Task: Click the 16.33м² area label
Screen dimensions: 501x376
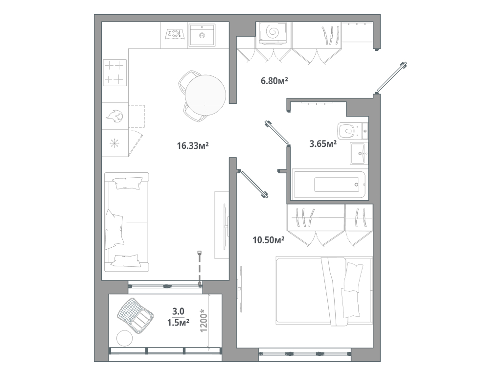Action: tap(193, 146)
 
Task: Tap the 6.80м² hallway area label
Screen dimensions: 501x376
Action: tap(274, 81)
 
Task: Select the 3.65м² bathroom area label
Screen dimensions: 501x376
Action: tap(323, 143)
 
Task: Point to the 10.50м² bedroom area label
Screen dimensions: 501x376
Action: tap(269, 240)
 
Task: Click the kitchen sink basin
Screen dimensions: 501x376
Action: tap(202, 35)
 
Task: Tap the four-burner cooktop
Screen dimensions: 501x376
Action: tap(114, 72)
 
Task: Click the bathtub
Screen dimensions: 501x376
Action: tap(330, 185)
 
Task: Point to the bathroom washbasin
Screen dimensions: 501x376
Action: tap(359, 153)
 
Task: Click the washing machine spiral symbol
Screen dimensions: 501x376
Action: tap(273, 32)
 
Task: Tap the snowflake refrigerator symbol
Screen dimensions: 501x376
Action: tap(114, 143)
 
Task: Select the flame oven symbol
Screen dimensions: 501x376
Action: tap(115, 117)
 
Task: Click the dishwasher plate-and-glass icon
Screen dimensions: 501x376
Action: tap(175, 34)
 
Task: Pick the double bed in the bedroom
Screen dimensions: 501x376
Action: tap(324, 291)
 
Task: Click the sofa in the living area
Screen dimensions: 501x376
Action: tap(127, 222)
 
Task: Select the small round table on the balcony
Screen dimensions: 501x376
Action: tap(125, 338)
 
